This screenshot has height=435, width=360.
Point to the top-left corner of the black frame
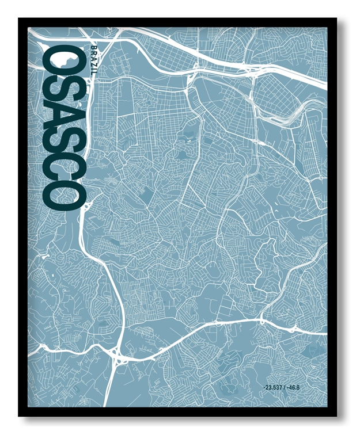coord(19,19)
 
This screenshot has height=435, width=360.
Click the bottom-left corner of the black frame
coord(19,415)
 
